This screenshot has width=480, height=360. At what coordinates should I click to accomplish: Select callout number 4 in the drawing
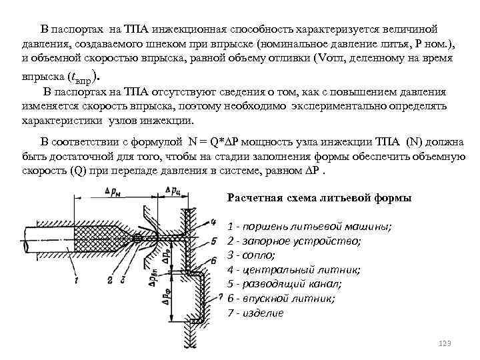pos(211,221)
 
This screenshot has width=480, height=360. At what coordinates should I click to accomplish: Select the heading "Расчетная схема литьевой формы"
pos(319,198)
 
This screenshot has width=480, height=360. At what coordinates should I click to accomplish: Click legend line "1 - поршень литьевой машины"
pos(309,226)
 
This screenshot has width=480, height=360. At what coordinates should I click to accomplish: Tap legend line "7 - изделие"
pos(255,313)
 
